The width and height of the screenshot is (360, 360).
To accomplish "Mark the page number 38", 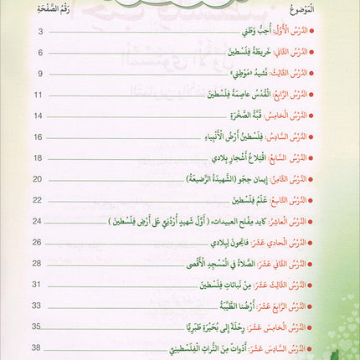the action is point(38,346).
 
